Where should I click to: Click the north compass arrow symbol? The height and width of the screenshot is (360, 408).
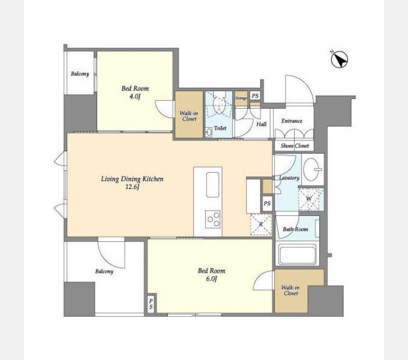340,59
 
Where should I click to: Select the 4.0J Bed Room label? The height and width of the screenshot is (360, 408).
135,92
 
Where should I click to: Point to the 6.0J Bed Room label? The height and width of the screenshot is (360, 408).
212,275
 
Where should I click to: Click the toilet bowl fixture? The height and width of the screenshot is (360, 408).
218,105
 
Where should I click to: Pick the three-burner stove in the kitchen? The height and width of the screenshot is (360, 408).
212,219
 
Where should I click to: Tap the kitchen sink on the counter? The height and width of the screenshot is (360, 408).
212,185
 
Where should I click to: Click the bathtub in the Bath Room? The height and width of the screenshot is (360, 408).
297,254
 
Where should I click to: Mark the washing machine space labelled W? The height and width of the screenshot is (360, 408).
311,199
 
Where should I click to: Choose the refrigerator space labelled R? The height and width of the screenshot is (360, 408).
261,224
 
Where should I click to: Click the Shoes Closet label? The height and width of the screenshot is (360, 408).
295,146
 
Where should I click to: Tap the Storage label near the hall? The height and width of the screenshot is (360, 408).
241,98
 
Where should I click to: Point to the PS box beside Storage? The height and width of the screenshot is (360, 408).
255,96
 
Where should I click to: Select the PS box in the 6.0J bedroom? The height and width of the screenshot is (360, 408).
151,304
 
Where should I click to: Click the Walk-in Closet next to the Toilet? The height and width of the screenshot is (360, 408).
189,115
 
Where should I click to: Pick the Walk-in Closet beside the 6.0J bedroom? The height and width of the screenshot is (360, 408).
291,290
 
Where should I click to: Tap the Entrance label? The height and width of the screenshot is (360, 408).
292,121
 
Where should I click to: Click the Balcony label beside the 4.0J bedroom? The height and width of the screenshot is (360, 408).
80,74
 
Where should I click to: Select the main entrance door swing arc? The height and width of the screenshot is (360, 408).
304,83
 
